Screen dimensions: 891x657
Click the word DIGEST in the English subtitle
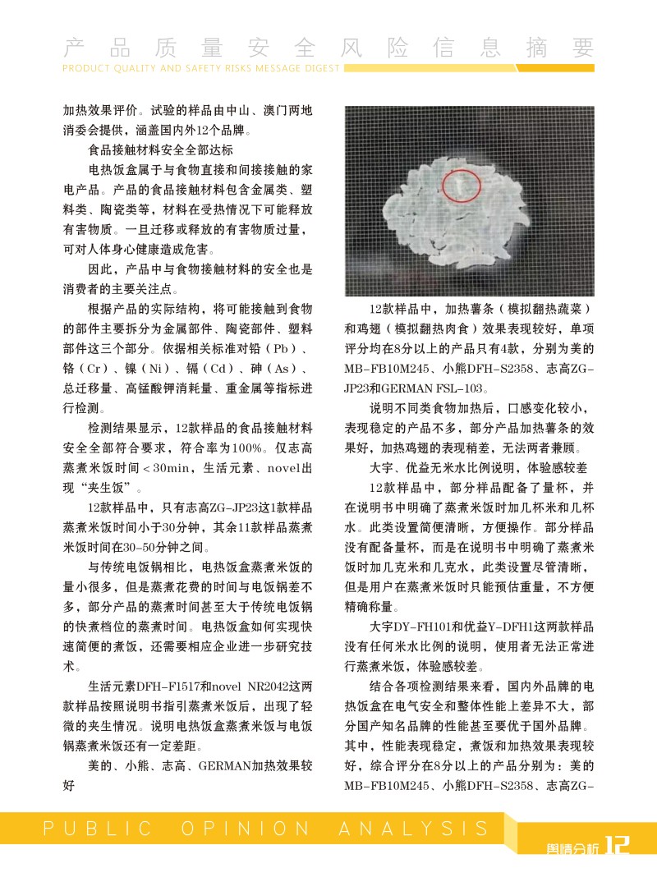pos(319,69)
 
